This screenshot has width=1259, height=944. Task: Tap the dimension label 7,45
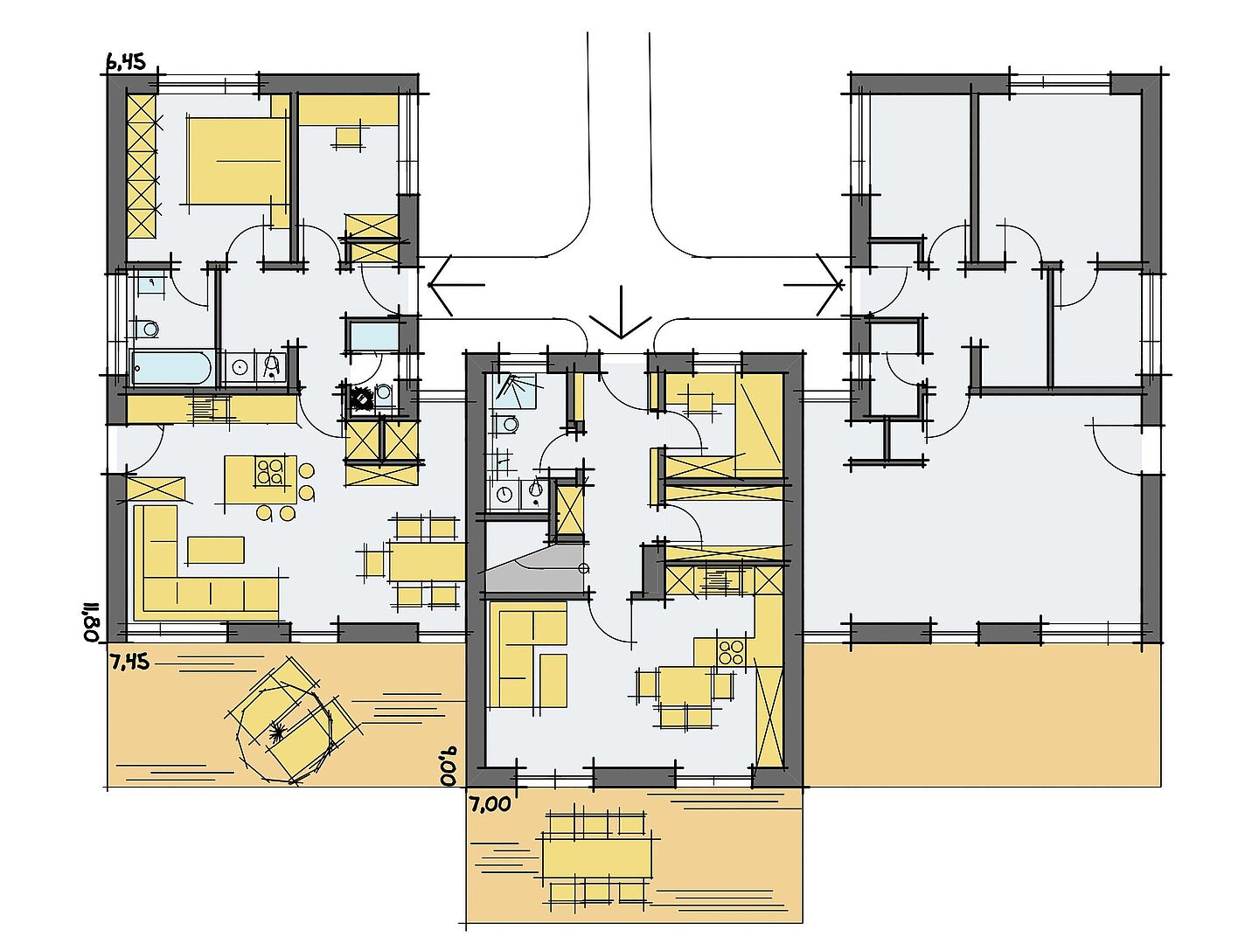pyautogui.click(x=129, y=662)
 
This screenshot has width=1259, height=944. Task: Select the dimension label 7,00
pyautogui.click(x=490, y=805)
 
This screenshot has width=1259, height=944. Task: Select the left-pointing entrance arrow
pyautogui.click(x=456, y=285)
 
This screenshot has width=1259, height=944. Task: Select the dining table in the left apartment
pyautogui.click(x=427, y=561)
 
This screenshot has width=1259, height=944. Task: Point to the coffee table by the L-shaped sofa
pyautogui.click(x=216, y=550)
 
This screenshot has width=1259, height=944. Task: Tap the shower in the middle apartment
pyautogui.click(x=515, y=391)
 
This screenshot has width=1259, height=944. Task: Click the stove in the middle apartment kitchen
pyautogui.click(x=732, y=652)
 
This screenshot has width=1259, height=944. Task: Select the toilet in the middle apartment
pyautogui.click(x=505, y=425)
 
